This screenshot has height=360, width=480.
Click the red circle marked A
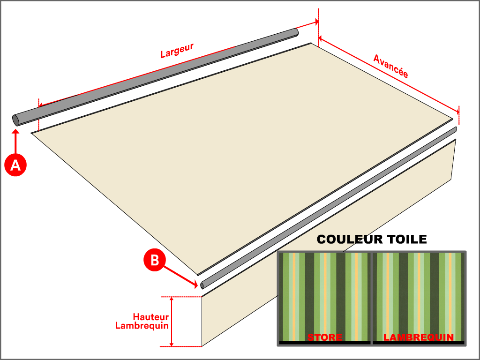pyautogui.click(x=15, y=165)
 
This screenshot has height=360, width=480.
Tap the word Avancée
pyautogui.click(x=390, y=66)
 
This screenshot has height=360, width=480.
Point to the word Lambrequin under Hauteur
pyautogui.click(x=142, y=326)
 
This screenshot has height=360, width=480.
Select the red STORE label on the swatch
pyautogui.click(x=325, y=337)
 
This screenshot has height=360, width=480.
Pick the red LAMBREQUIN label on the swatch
pyautogui.click(x=419, y=337)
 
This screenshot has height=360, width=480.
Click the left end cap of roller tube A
pyautogui.click(x=16, y=120)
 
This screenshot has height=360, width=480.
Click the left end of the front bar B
pyautogui.click(x=202, y=285)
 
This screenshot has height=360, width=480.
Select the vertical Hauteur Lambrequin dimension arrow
pyautogui.click(x=172, y=322)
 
